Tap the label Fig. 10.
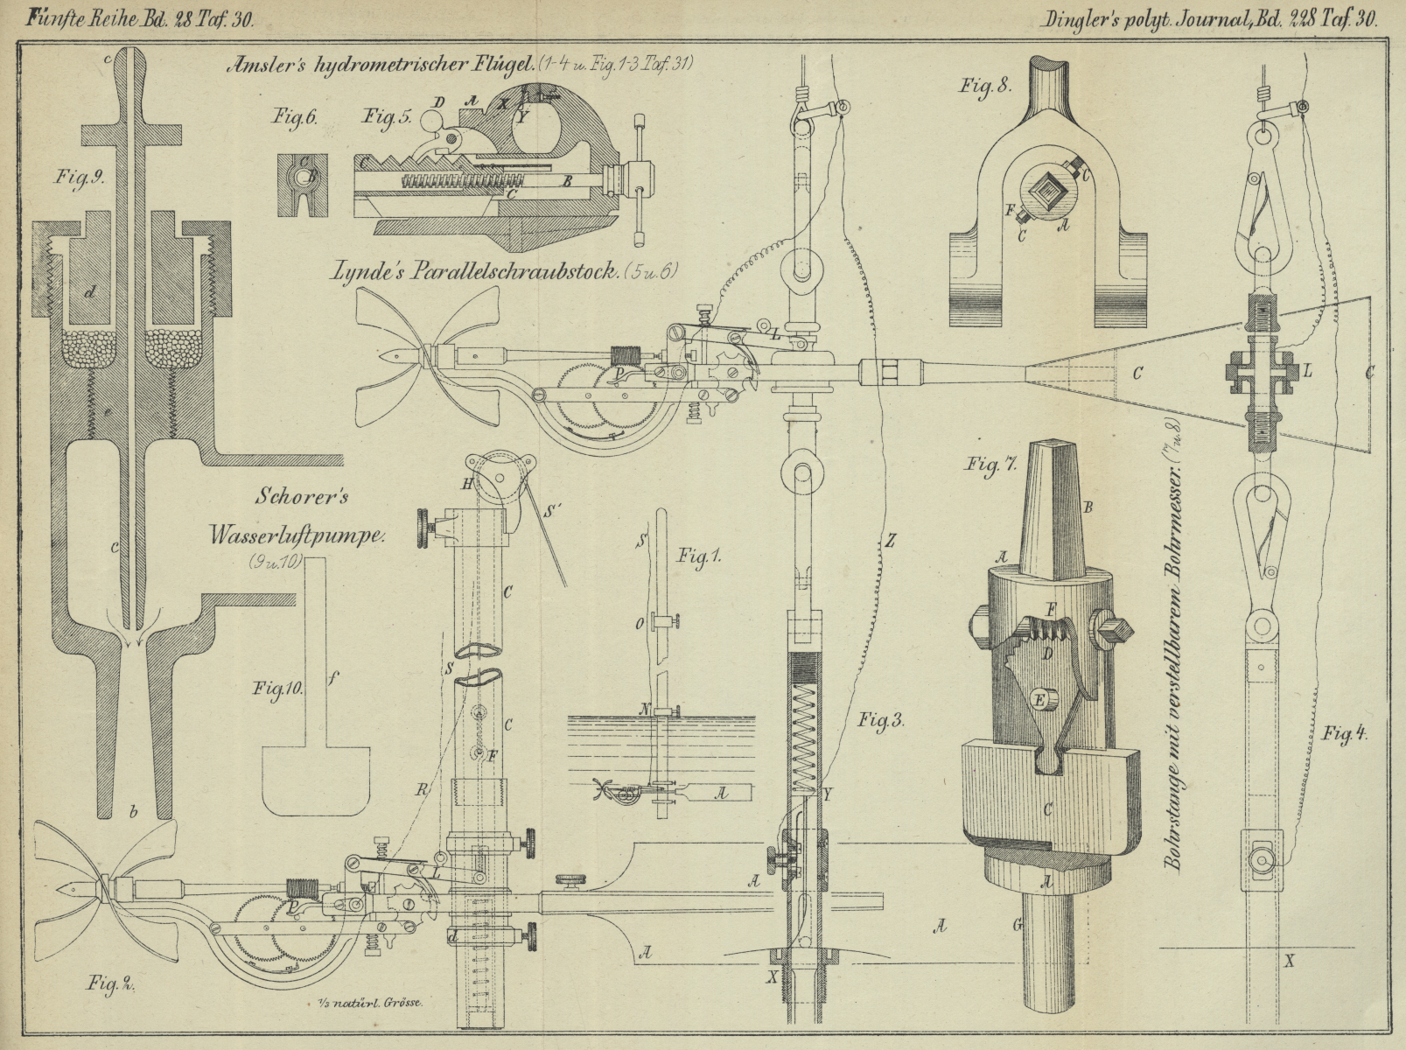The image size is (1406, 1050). tap(278, 688)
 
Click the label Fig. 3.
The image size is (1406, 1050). tap(880, 722)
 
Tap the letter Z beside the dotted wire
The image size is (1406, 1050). tap(889, 541)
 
